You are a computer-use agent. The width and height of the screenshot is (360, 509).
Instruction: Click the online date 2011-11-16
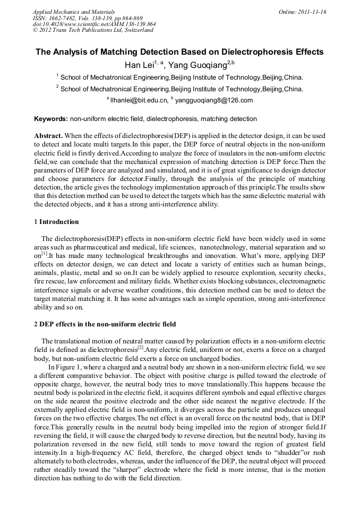(x=312, y=12)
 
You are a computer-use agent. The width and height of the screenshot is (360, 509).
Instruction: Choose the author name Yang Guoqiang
(x=198, y=65)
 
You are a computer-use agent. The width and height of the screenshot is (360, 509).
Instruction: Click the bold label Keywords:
(x=51, y=119)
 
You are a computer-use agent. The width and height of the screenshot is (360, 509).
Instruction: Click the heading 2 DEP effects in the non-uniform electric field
(x=105, y=324)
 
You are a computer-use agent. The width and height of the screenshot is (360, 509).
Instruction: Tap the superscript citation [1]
(x=44, y=253)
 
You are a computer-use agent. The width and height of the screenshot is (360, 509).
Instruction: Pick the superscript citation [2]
(x=140, y=348)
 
